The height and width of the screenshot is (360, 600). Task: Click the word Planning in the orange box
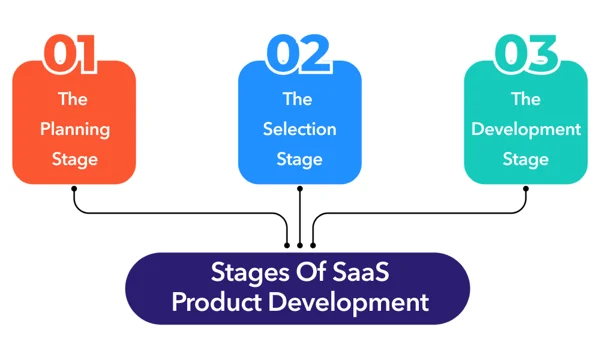74,129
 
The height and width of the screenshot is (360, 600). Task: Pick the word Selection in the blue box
299,129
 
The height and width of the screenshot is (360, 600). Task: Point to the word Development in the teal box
525,129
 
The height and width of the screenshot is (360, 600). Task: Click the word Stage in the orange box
74,159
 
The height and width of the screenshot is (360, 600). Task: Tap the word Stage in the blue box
299,159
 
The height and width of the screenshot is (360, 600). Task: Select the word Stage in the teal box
525,159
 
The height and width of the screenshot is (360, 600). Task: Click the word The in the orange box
74,99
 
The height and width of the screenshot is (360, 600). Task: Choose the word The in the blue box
299,99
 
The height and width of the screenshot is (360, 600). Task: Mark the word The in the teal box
525,99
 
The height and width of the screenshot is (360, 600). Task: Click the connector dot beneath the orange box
74,188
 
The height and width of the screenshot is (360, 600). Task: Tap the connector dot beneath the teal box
525,188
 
